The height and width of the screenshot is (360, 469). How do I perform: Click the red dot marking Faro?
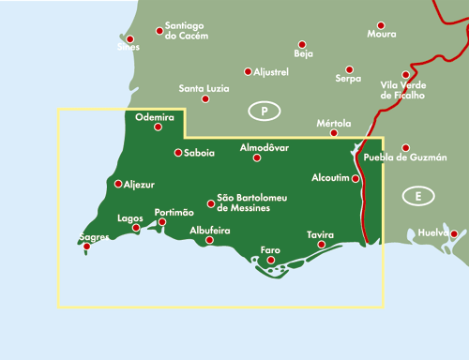coord(271,260)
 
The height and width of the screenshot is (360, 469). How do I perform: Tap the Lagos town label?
coord(129,217)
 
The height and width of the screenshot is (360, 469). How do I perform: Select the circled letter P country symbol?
coord(265,112)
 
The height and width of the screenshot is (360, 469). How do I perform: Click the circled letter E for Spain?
coord(414,196)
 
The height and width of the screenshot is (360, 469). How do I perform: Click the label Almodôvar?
coord(265,148)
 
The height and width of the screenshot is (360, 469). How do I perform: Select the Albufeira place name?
coord(209,230)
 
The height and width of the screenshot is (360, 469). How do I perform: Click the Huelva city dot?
coord(453,233)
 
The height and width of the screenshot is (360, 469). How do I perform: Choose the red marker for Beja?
coord(302,44)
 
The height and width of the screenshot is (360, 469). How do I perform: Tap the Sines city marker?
coord(130,39)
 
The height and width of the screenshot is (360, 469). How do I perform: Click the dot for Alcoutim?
coord(356,178)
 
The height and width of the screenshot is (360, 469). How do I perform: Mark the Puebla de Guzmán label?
coord(404,158)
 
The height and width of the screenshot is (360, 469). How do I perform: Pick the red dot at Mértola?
coord(334,133)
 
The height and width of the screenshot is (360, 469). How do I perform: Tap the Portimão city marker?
coord(162,222)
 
